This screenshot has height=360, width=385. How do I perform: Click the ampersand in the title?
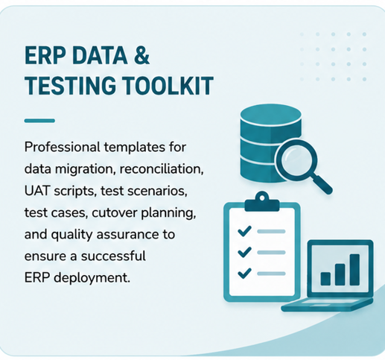(141, 56)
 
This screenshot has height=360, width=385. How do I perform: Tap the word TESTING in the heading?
(71, 86)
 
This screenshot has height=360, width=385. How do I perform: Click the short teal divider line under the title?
(39, 121)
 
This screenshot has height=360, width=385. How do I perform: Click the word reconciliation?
(162, 168)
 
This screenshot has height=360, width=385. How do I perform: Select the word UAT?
(36, 191)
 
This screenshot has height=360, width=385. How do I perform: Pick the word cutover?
(114, 212)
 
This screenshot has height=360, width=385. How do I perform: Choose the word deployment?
(92, 278)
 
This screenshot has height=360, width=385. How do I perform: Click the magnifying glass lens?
(297, 157)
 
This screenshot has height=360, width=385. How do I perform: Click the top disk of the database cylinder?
(271, 116)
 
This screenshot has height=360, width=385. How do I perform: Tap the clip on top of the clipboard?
(262, 202)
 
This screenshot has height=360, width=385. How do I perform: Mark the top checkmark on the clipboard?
(244, 231)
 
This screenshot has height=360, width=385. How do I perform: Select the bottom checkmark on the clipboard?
(244, 273)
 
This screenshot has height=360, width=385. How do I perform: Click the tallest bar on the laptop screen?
(354, 270)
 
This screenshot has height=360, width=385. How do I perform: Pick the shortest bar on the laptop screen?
(325, 279)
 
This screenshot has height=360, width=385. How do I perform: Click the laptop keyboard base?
(327, 305)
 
